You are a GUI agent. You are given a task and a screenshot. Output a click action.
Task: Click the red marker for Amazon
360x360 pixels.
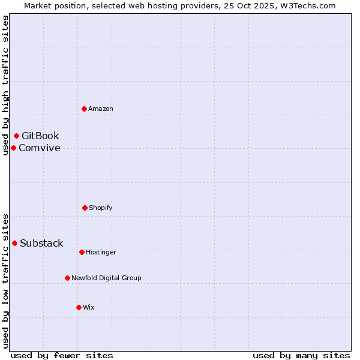pos(84,109)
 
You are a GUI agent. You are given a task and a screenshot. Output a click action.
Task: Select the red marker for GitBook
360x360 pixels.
pos(16,136)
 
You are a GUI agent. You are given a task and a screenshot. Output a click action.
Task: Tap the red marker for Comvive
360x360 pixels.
pos(13,148)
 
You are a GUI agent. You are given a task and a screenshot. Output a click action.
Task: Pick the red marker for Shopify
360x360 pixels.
pos(85,208)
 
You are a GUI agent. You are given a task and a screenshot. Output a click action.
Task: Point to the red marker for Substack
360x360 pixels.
pos(14,243)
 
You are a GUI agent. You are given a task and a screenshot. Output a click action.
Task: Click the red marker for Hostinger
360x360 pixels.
pos(82,252)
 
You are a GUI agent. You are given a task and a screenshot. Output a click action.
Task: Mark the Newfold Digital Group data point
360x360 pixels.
pos(67,278)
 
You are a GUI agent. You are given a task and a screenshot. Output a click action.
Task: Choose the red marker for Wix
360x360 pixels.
pos(79,307)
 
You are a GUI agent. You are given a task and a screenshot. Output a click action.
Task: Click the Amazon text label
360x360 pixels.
pos(101,109)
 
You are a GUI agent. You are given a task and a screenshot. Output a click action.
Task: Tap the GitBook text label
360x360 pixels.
pos(40,136)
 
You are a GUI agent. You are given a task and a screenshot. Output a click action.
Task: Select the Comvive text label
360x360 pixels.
pos(40,148)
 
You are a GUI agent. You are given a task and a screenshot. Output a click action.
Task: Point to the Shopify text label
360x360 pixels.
pos(101,208)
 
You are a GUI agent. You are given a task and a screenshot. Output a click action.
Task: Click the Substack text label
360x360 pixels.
pos(41,243)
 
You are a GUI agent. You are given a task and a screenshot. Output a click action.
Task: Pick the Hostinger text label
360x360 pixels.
pos(101,252)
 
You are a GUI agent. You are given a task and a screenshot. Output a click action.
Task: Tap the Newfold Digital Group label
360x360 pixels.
pos(106,278)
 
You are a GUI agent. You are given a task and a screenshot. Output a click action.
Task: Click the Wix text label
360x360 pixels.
pos(89,307)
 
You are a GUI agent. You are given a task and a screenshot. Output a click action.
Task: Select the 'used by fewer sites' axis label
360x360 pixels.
pos(62,355)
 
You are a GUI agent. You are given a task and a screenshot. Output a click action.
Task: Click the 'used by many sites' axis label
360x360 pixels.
pos(301,355)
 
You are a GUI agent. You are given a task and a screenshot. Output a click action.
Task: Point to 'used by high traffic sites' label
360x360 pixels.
pos(5,86)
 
